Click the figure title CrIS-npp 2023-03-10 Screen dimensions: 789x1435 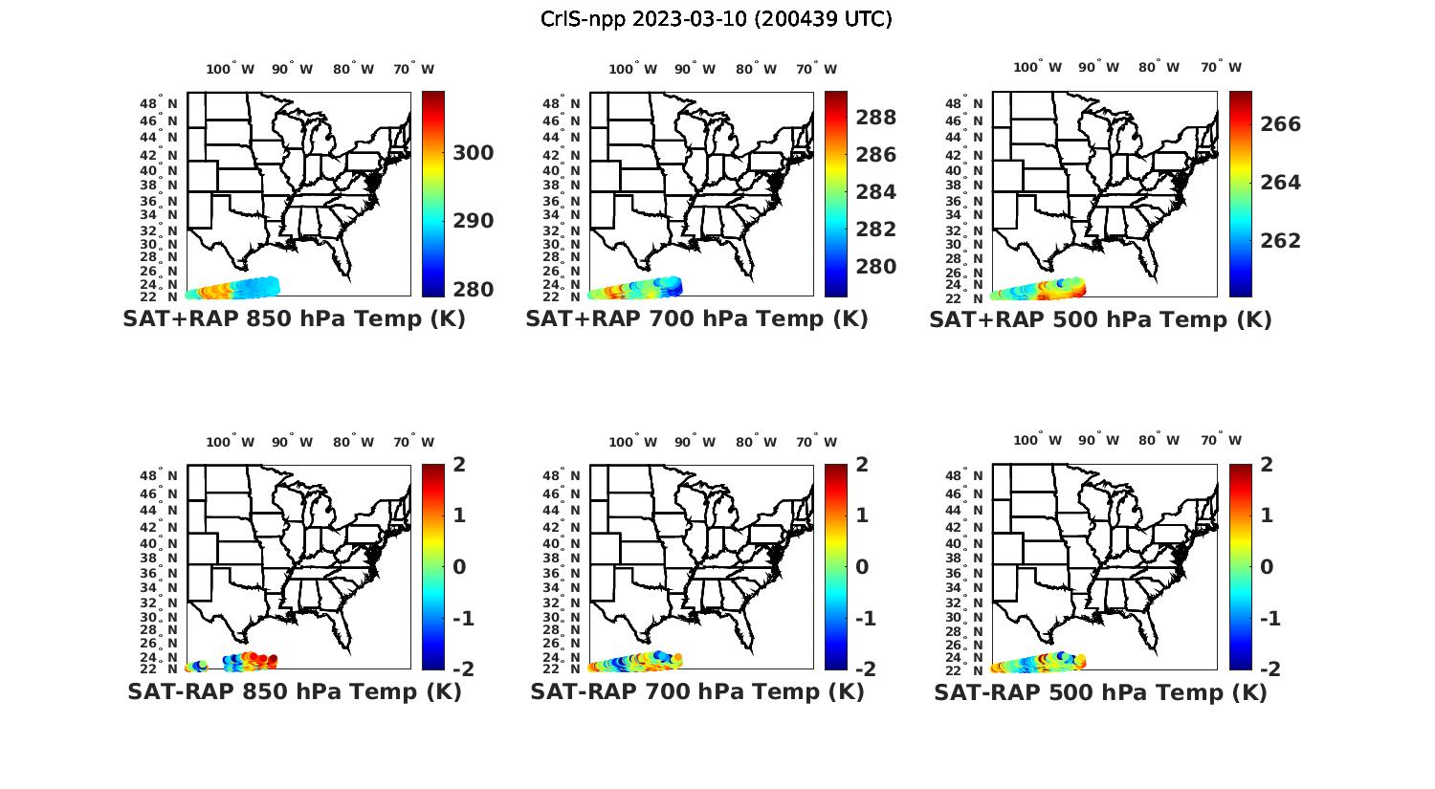click(x=716, y=18)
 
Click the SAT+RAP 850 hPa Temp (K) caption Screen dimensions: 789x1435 click(x=294, y=319)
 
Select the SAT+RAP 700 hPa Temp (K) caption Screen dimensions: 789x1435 click(x=696, y=319)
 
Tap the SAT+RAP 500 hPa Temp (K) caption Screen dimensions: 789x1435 click(x=1100, y=319)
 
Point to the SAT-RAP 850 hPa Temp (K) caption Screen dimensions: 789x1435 click(x=294, y=691)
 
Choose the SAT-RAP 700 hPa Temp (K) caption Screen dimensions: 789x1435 click(x=696, y=691)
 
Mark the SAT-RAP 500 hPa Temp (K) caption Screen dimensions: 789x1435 click(x=1100, y=691)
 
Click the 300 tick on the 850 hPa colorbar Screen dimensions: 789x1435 click(x=473, y=153)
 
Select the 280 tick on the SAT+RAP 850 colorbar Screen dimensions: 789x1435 click(x=473, y=290)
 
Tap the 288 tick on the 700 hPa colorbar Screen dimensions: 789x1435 click(x=875, y=118)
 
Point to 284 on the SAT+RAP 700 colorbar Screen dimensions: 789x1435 click(x=875, y=192)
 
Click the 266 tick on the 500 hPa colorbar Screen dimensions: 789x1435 click(x=1279, y=124)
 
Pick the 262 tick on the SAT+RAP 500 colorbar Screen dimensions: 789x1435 click(x=1279, y=240)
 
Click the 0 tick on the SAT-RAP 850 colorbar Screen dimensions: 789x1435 click(x=460, y=567)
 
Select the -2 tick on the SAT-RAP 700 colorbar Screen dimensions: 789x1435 click(x=863, y=668)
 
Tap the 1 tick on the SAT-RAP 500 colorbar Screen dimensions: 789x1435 click(x=1267, y=515)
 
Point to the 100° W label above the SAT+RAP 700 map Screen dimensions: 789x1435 click(x=632, y=69)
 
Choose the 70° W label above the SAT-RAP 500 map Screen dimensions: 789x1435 click(x=1221, y=441)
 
